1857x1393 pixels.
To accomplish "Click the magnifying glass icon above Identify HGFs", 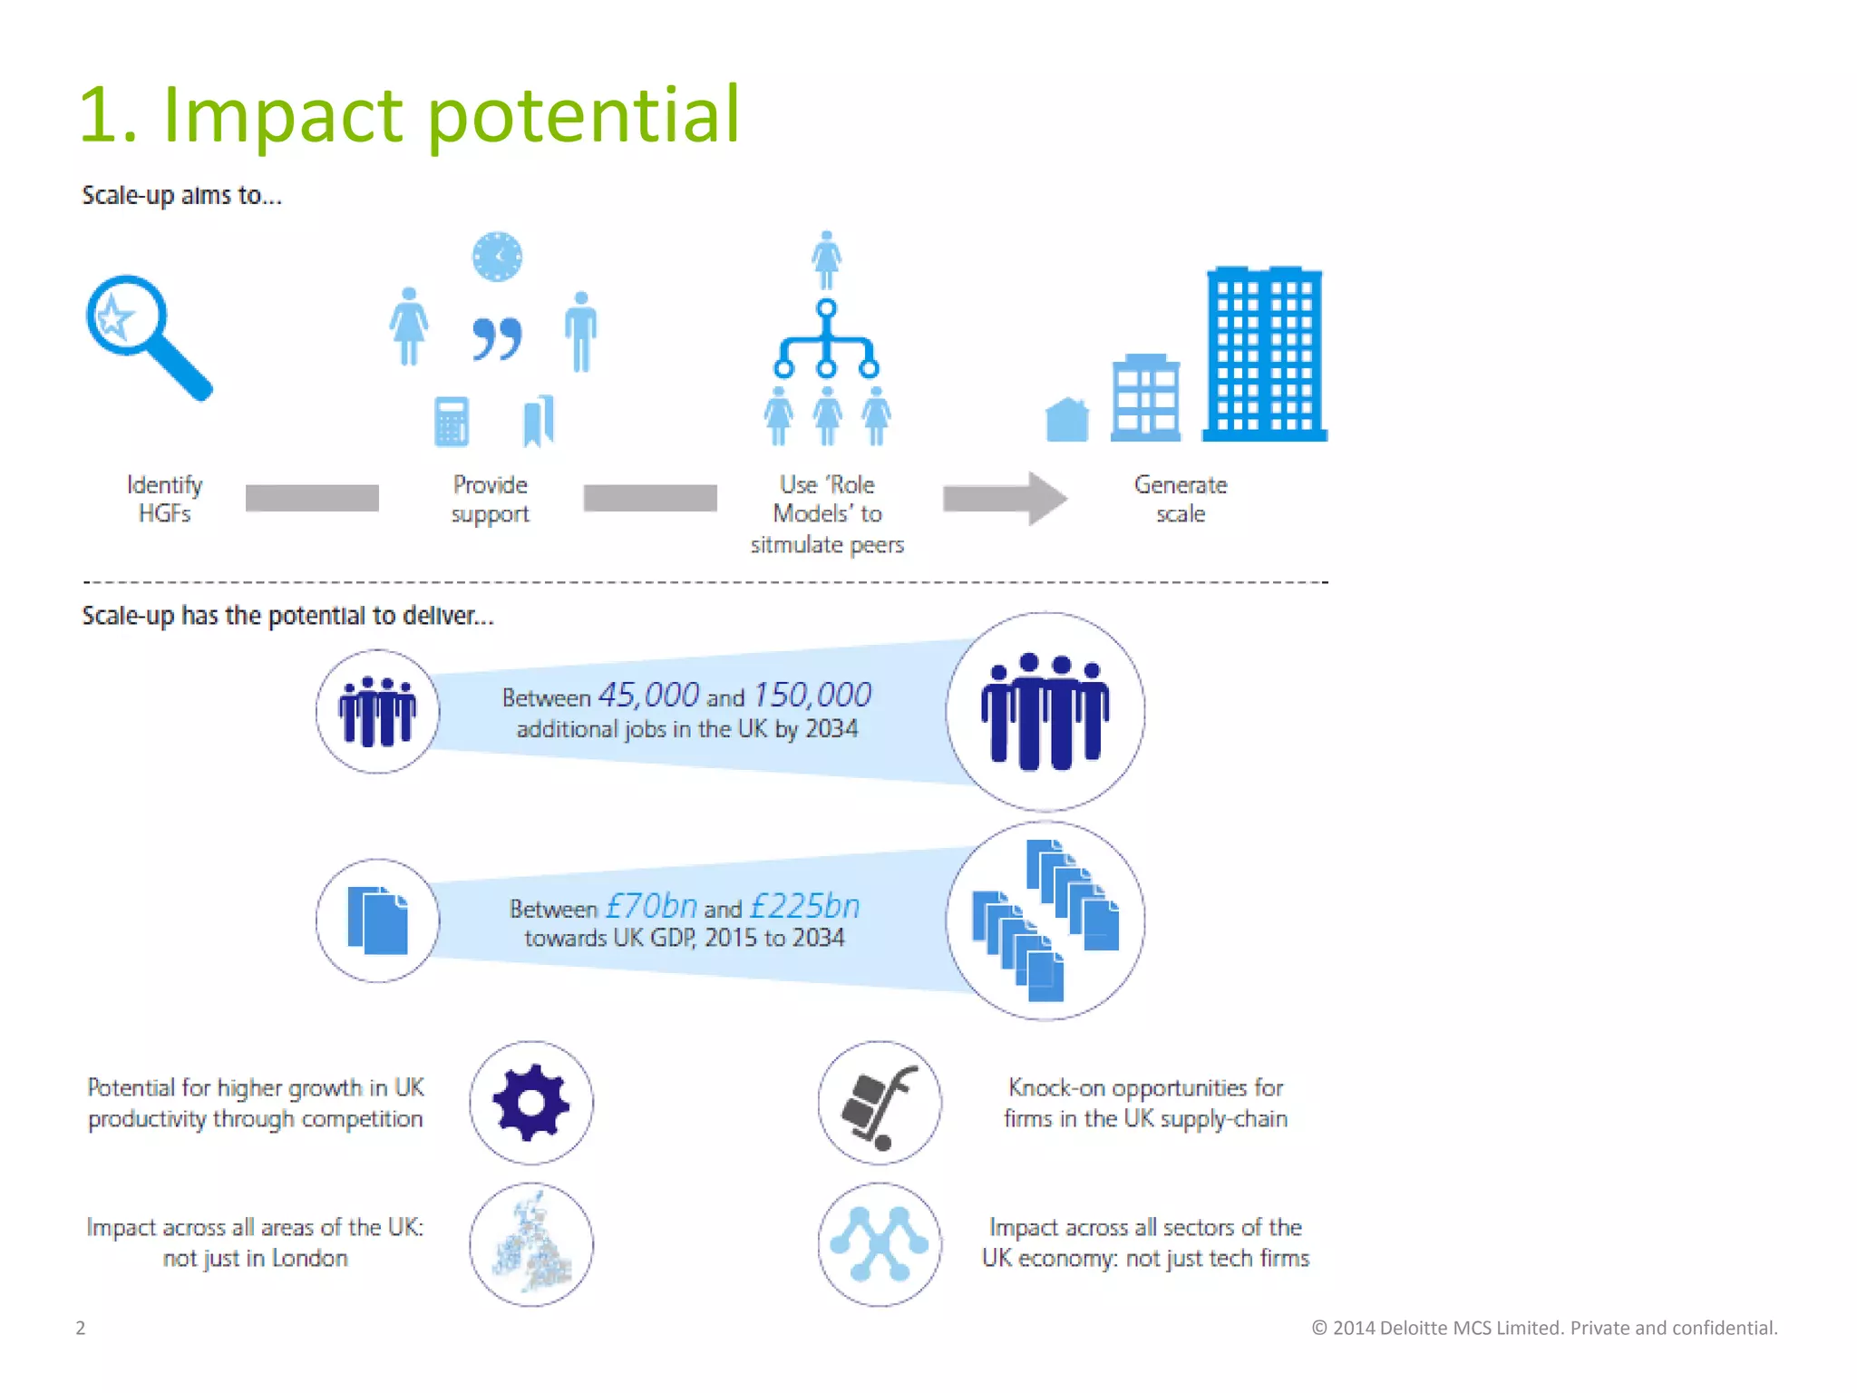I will tap(145, 334).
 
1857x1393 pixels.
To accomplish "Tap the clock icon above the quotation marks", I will tap(497, 257).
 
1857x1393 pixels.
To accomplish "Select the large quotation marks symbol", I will tap(497, 339).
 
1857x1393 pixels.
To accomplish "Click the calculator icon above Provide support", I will tap(452, 422).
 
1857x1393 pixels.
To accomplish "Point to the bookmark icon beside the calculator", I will tap(539, 420).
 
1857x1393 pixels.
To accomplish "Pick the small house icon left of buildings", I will tap(1067, 420).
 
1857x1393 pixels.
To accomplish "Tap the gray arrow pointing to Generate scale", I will tap(1004, 498).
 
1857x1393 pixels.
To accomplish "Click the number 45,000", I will tap(648, 696).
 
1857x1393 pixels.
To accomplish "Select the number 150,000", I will tap(812, 696).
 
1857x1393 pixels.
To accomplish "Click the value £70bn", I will tap(651, 906).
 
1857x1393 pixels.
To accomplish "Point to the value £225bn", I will tap(804, 906).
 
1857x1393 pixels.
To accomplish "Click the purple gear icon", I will tap(531, 1103).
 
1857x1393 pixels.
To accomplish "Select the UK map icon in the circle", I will tap(531, 1244).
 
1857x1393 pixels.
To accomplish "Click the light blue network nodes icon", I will tap(879, 1244).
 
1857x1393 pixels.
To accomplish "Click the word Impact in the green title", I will tap(282, 115).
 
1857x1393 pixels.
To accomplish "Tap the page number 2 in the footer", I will tap(81, 1328).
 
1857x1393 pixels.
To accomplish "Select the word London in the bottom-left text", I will tap(309, 1259).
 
